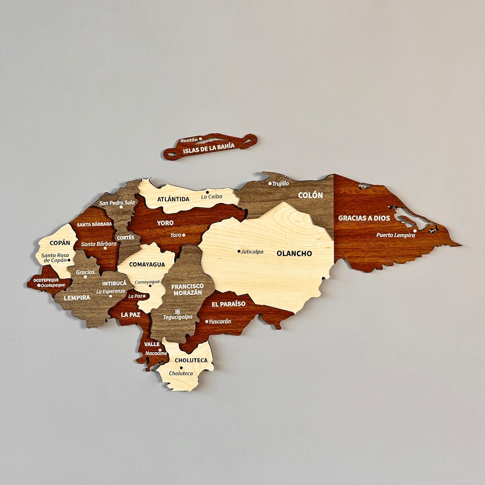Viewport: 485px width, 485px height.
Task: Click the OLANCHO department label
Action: pos(294,254)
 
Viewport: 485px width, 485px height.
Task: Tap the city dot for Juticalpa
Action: pos(239,251)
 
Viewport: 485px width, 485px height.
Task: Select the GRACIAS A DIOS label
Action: pos(364,218)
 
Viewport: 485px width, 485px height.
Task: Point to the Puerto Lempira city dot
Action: pos(415,230)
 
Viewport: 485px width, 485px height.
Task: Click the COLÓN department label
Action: pos(310,195)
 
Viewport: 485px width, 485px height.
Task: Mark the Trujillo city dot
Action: pos(270,183)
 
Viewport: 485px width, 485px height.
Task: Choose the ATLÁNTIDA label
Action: pos(173,199)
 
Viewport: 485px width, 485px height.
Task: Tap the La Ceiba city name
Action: pos(212,197)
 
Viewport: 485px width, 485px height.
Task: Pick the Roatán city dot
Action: pos(200,139)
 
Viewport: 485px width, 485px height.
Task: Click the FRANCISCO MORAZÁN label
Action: pos(187,289)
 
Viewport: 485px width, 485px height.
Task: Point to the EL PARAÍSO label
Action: pos(229,304)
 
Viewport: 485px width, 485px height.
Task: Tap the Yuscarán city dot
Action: pos(207,322)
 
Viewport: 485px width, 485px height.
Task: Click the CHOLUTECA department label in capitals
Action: pos(191,360)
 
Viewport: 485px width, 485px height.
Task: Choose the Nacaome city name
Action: pos(156,353)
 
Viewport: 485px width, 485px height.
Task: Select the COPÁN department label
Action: pos(60,243)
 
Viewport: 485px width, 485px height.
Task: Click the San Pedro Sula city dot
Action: pos(121,207)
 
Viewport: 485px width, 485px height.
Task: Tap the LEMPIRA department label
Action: pos(77,297)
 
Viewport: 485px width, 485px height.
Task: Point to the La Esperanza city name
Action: pos(110,291)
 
